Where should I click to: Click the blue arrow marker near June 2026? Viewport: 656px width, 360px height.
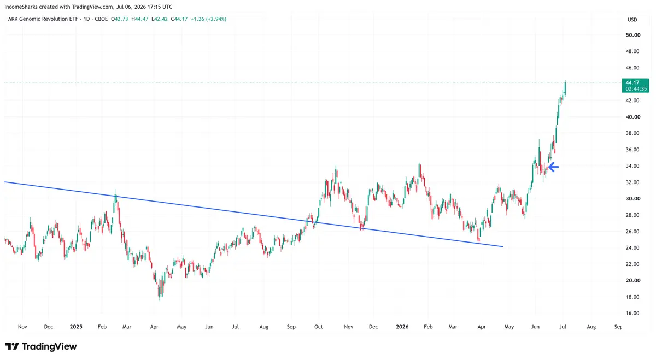point(553,167)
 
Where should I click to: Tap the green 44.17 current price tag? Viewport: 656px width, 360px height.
point(635,85)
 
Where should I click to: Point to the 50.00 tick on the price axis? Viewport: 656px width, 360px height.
point(633,35)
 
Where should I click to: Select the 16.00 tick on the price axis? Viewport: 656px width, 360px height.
point(633,313)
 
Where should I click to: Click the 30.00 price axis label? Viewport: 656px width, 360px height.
point(633,198)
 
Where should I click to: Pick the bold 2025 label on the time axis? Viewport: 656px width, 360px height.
point(76,327)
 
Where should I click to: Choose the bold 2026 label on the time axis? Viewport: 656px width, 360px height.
point(402,327)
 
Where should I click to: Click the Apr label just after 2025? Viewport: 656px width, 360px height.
point(154,327)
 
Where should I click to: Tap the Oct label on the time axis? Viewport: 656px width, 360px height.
point(318,327)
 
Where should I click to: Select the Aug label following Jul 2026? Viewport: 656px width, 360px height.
point(591,327)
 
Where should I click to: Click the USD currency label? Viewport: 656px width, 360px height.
point(632,20)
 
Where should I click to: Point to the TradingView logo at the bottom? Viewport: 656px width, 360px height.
point(41,346)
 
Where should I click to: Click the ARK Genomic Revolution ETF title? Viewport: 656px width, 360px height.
point(43,19)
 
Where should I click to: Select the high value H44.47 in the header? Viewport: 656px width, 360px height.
point(140,19)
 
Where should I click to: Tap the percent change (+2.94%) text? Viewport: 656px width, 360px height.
point(216,19)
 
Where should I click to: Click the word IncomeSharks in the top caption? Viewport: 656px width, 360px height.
point(21,7)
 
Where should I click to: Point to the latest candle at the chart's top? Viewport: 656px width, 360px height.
point(565,88)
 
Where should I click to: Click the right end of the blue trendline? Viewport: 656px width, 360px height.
point(502,246)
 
